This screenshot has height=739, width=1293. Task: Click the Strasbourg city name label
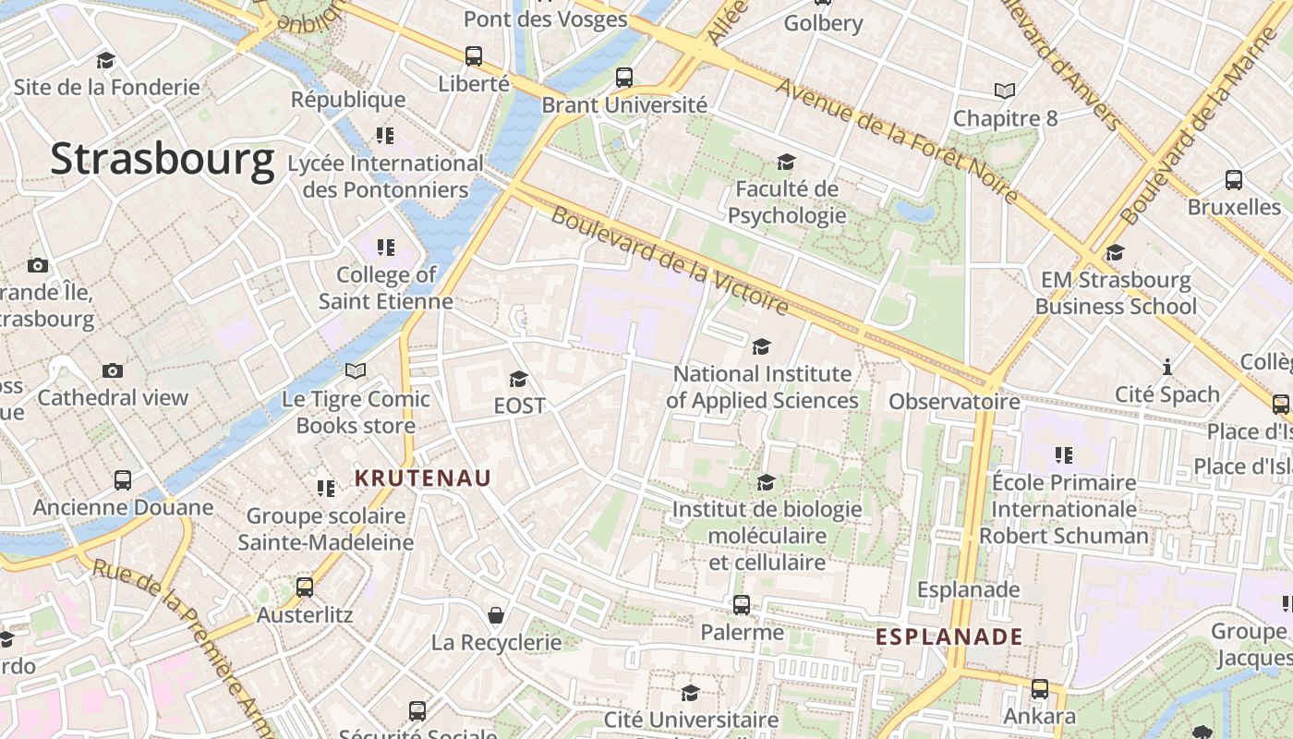point(163,159)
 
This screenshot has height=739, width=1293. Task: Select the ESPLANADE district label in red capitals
point(949,636)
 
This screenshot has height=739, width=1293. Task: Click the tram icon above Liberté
point(474,56)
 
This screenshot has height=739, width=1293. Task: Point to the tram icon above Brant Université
point(624,78)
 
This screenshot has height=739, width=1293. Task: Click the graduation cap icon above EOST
point(518,379)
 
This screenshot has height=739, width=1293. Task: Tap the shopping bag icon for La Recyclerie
point(496,615)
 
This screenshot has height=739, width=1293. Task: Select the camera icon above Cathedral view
point(113,370)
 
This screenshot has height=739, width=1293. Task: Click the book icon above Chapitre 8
point(1005,91)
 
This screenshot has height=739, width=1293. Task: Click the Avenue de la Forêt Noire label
point(898,140)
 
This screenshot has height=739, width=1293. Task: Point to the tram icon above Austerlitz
point(304,588)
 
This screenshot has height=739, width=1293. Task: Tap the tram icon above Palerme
point(742,605)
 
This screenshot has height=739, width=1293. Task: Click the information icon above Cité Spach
point(1167,367)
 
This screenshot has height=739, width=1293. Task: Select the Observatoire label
point(954,402)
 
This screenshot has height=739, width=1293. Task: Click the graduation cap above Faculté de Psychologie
point(786,163)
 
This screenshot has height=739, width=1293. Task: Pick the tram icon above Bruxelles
point(1234,180)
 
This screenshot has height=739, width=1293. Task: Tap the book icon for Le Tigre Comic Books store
point(356,371)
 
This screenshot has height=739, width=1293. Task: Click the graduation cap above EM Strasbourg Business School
point(1116,253)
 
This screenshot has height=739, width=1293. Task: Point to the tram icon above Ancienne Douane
point(123,480)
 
